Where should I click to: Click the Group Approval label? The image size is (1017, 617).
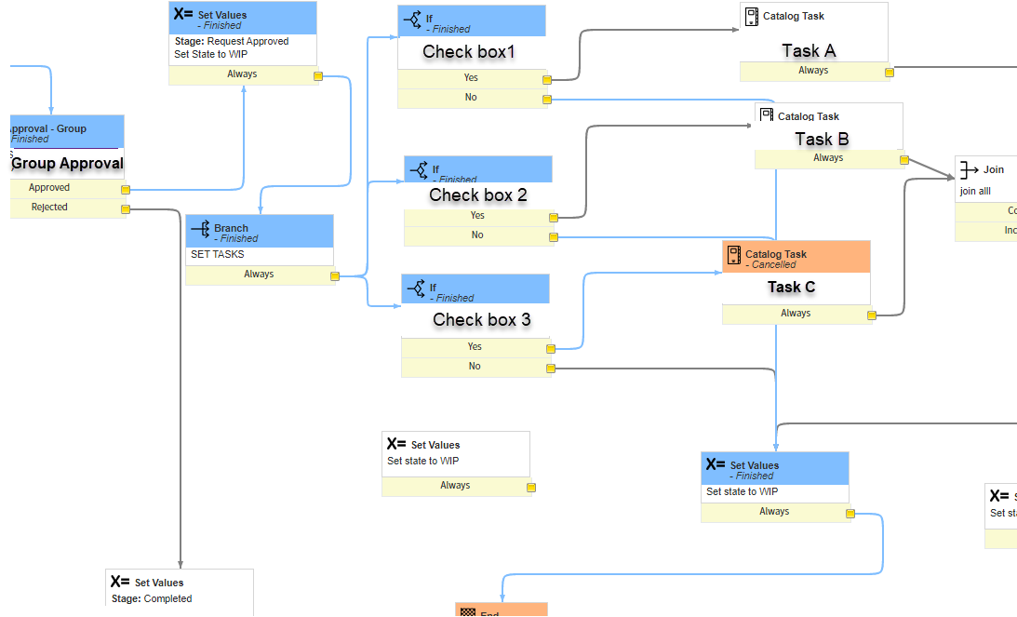pyautogui.click(x=67, y=164)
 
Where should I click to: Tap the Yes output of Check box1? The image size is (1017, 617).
pyautogui.click(x=471, y=78)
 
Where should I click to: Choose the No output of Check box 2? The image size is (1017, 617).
pyautogui.click(x=477, y=235)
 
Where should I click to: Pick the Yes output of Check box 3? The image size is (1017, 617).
pyautogui.click(x=475, y=347)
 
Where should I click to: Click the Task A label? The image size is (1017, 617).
pyautogui.click(x=808, y=51)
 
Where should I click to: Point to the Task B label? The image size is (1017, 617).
pyautogui.click(x=822, y=139)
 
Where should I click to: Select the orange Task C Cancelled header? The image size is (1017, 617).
pyautogui.click(x=796, y=258)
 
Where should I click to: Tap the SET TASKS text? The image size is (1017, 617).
pyautogui.click(x=218, y=254)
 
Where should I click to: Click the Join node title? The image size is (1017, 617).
pyautogui.click(x=993, y=170)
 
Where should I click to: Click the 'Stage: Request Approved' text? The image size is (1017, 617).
pyautogui.click(x=232, y=42)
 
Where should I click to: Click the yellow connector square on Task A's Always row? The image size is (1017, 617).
pyautogui.click(x=889, y=72)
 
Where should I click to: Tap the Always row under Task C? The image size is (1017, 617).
pyautogui.click(x=795, y=314)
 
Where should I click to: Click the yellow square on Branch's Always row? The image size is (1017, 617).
pyautogui.click(x=334, y=275)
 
